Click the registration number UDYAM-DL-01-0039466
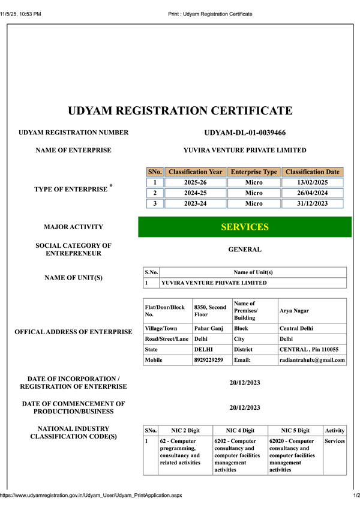tap(245, 133)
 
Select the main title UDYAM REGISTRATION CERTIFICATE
tap(180, 111)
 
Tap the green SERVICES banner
tap(245, 227)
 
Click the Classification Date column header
tap(312, 172)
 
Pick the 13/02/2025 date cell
tap(312, 183)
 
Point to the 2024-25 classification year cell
tap(196, 193)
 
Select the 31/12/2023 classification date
tap(312, 203)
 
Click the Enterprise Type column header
tap(254, 172)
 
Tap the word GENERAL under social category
tap(245, 250)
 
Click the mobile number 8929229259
tap(209, 361)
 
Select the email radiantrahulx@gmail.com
tap(312, 361)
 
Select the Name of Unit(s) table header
tap(253, 272)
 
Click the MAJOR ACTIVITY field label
tap(73, 227)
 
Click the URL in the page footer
tap(91, 496)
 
